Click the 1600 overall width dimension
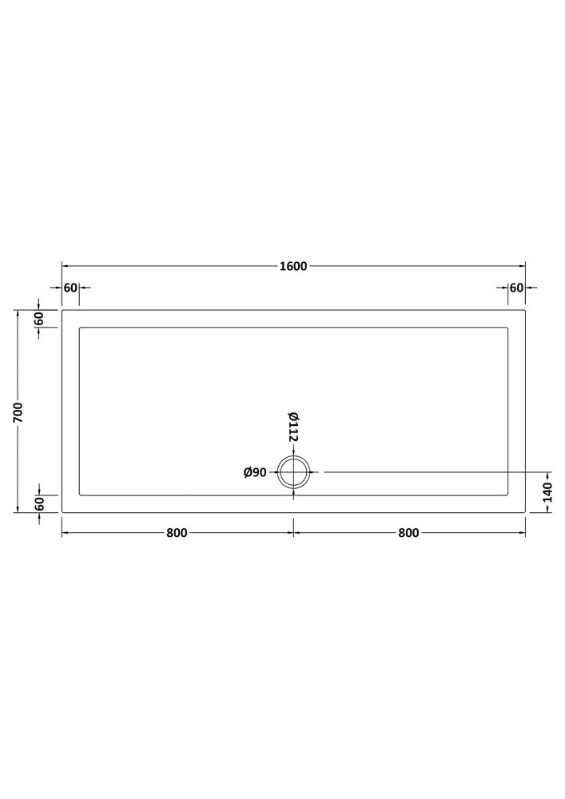[x=293, y=266]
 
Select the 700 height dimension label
[x=18, y=412]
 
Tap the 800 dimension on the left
[x=177, y=533]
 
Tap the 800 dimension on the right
[x=408, y=533]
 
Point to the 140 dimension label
[x=547, y=491]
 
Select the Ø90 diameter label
[x=255, y=473]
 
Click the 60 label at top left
[x=70, y=288]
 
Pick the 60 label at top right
[x=516, y=288]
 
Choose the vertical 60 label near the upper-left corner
[x=40, y=319]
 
